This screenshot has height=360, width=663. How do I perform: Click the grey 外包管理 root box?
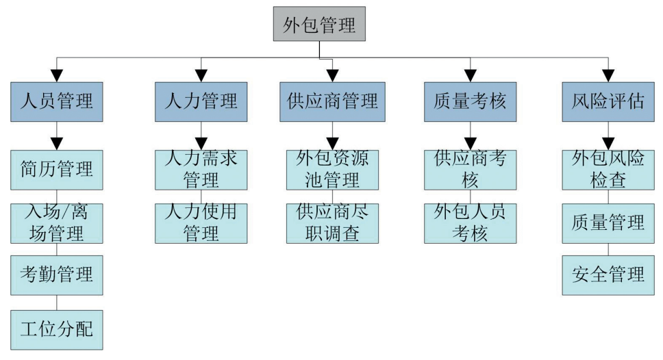click(319, 26)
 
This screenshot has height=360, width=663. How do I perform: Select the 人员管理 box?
click(57, 102)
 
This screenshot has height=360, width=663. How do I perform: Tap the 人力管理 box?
click(201, 102)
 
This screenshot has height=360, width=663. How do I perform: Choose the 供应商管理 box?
click(332, 102)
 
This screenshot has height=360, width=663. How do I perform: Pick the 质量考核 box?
click(470, 102)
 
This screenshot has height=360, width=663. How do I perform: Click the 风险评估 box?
click(608, 102)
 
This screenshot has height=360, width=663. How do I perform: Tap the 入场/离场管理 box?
click(57, 223)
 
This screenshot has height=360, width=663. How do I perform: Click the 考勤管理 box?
click(57, 276)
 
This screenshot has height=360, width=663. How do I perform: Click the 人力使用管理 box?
click(201, 223)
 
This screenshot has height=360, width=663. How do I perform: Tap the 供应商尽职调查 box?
click(332, 223)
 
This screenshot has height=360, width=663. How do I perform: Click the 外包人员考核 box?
click(470, 223)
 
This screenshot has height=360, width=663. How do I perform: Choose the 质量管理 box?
click(608, 223)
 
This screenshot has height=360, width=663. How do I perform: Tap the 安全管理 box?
click(608, 276)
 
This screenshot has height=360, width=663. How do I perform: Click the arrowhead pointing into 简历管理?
click(57, 144)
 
